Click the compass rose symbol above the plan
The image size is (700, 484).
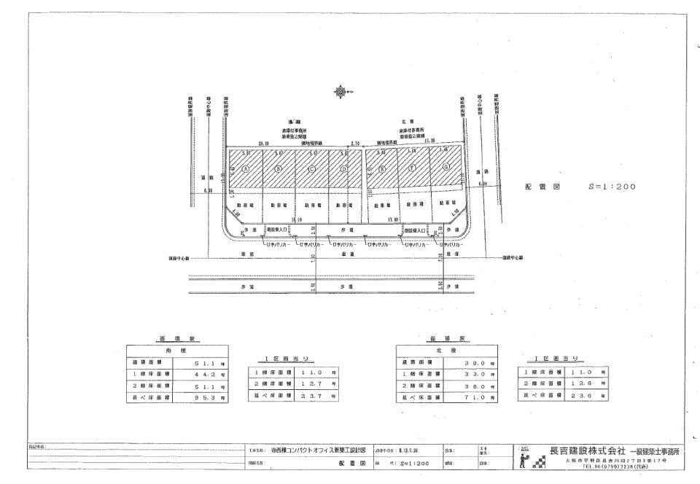(341, 92)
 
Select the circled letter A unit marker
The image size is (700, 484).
(246, 168)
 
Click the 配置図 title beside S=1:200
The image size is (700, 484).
(542, 187)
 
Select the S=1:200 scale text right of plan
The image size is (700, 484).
(611, 187)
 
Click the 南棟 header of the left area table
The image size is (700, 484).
(177, 350)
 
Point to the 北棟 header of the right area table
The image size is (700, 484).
(446, 351)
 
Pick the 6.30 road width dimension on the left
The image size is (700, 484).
(209, 191)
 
